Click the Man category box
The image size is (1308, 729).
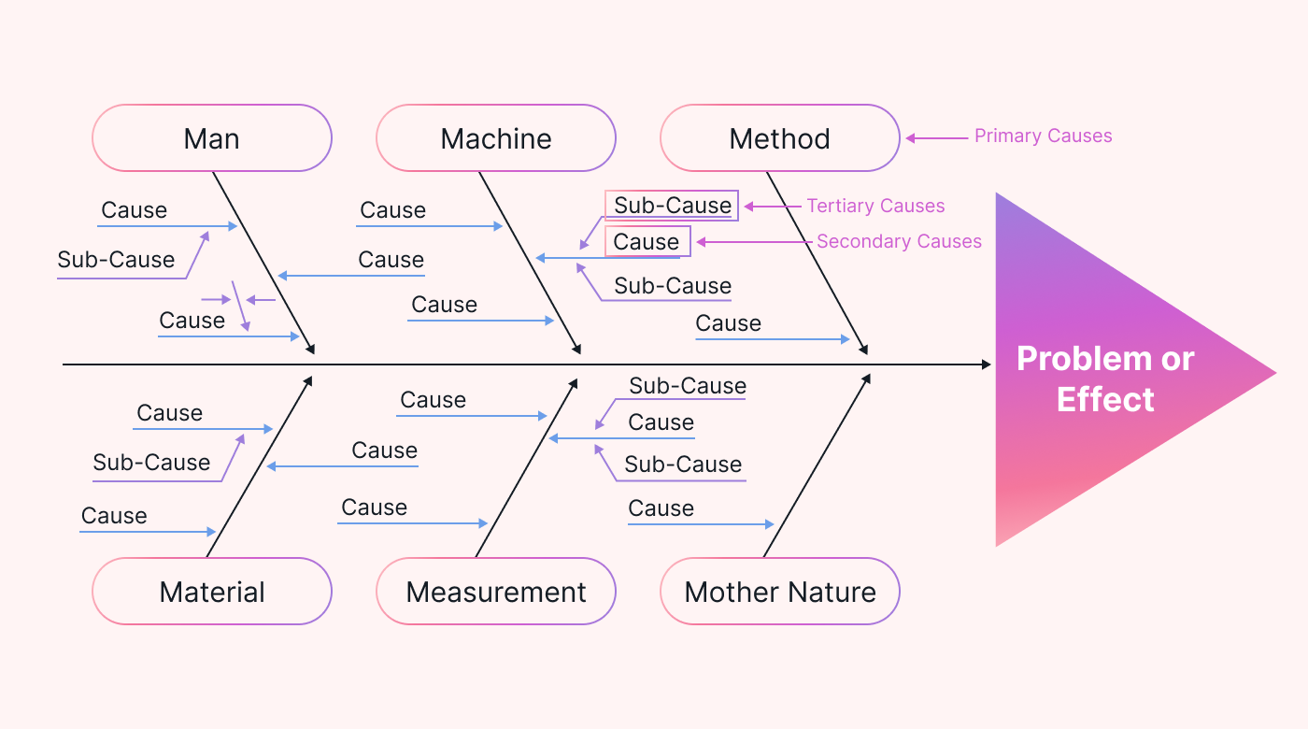tap(212, 138)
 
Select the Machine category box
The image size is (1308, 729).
tap(496, 138)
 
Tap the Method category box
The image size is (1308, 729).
tap(780, 138)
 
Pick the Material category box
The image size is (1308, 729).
tap(212, 592)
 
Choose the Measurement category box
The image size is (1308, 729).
tap(496, 592)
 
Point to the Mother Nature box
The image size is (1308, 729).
tap(780, 592)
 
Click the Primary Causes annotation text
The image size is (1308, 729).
tap(1043, 136)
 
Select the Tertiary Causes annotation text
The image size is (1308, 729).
tap(875, 207)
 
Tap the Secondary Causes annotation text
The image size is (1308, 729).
tap(899, 242)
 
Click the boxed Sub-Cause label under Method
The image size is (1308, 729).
tap(672, 206)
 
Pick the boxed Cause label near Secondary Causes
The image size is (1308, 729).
tap(647, 242)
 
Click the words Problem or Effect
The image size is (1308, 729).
tap(1105, 379)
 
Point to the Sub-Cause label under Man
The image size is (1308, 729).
tap(116, 260)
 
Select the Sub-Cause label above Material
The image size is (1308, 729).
tap(151, 463)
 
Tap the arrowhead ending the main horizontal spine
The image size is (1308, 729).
tap(987, 364)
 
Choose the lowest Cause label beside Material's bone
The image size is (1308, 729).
tap(114, 516)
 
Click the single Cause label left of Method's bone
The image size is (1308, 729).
tap(728, 324)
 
